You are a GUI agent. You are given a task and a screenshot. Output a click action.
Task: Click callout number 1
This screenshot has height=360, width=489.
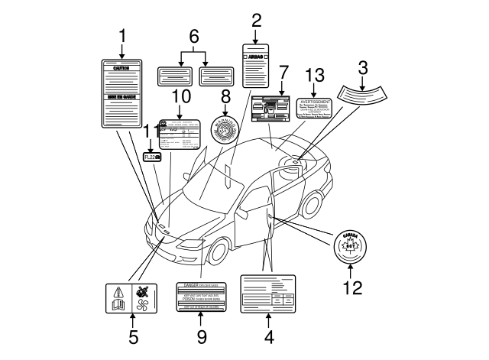tap(121, 36)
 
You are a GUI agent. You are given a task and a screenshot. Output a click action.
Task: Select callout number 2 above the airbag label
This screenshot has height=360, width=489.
tap(256, 21)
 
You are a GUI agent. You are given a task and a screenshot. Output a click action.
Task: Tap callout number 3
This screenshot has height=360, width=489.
tap(364, 67)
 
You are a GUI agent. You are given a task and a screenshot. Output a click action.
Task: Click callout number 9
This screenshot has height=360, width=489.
tap(201, 335)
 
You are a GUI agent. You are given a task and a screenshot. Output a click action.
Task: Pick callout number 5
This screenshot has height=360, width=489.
tap(132, 334)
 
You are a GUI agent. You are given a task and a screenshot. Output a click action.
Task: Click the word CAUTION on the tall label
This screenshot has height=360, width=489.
tap(122, 68)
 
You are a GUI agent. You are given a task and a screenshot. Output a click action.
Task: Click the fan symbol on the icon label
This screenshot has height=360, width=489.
tap(143, 303)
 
